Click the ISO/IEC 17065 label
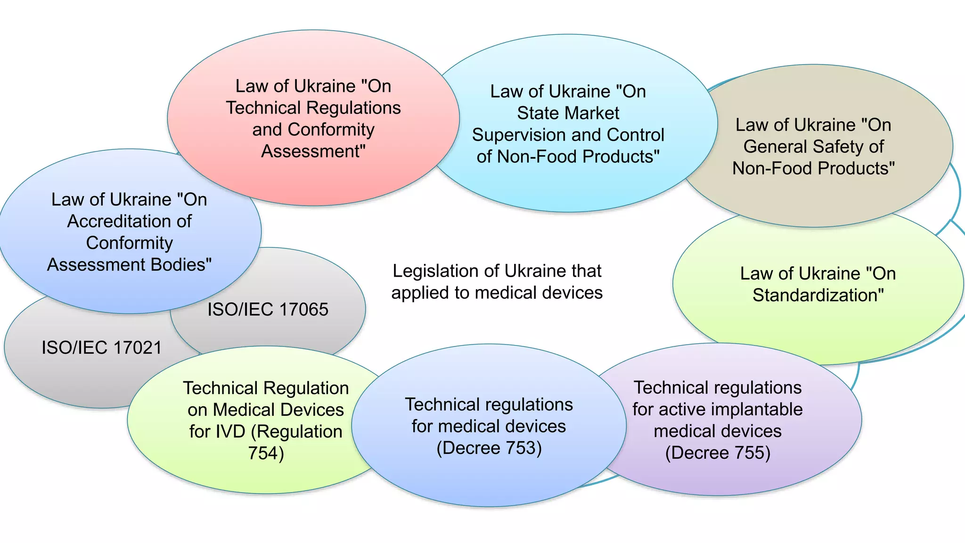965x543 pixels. [x=268, y=310]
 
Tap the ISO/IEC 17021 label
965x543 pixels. [x=101, y=348]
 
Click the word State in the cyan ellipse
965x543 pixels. [x=539, y=114]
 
